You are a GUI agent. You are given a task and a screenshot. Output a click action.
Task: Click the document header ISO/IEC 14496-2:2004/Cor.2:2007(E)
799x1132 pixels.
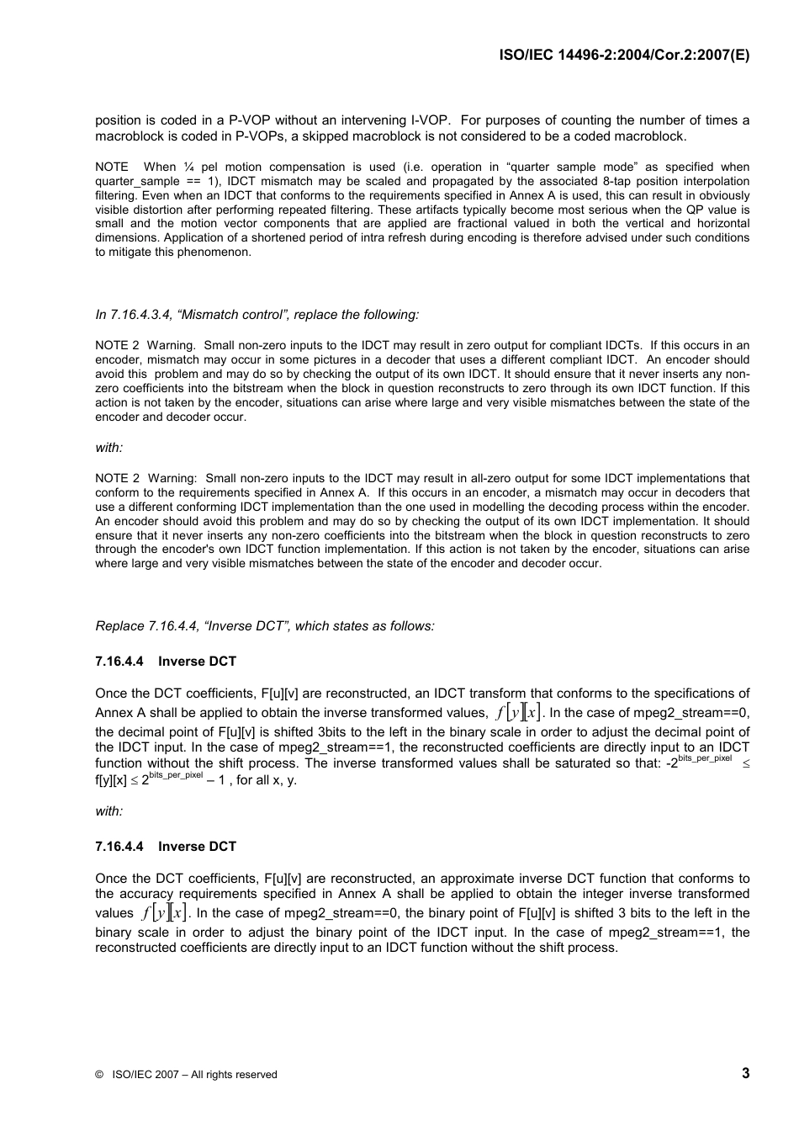(623, 55)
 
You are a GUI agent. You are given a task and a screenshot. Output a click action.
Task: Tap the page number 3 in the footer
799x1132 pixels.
(745, 1072)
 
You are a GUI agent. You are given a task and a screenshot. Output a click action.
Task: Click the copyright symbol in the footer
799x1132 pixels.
(99, 1075)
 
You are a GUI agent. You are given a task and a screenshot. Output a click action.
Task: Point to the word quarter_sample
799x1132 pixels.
(137, 181)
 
